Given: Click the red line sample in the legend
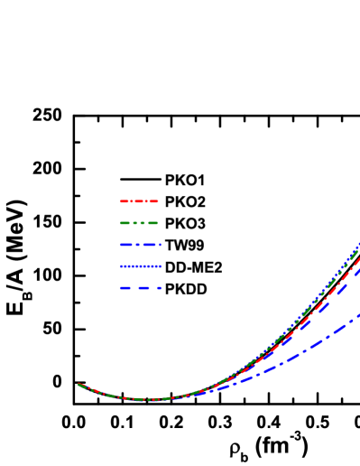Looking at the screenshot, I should click(x=139, y=201).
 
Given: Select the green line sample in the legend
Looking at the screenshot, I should click(x=139, y=223).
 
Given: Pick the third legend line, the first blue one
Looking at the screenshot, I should click(x=140, y=245).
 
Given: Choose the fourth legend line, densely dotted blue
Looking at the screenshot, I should click(x=141, y=266).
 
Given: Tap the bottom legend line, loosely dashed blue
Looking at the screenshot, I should click(x=141, y=288).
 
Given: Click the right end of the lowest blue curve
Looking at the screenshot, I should click(x=358, y=315).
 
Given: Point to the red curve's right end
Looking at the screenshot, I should click(x=358, y=258).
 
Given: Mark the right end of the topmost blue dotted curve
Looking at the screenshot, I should click(x=358, y=244).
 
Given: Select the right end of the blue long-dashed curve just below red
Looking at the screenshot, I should click(x=358, y=269).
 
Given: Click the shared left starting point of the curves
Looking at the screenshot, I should click(x=79, y=385).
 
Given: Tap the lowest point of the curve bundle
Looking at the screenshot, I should click(x=149, y=399).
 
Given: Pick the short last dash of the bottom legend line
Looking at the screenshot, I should click(x=160, y=288).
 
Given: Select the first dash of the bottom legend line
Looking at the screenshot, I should click(x=125, y=288).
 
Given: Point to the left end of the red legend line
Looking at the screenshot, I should click(x=121, y=201).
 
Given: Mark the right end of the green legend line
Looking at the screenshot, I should click(x=157, y=223).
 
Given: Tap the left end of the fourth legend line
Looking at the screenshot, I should click(x=121, y=266).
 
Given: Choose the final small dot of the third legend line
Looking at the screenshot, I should click(x=161, y=245).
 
